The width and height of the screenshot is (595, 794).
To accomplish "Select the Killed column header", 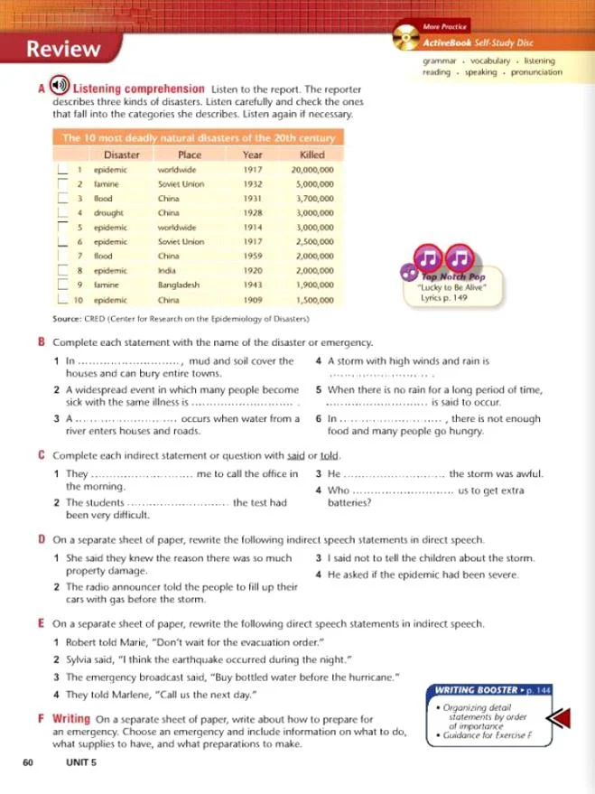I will pos(312,154).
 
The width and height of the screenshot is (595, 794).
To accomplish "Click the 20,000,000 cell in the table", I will pos(313,169).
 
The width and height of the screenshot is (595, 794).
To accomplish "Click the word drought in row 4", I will pos(113,213).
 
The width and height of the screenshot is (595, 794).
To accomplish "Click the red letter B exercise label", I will pos(42,343).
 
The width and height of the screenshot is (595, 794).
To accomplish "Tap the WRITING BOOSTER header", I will pos(478,690).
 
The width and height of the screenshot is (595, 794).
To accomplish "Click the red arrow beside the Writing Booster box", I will pos(563,719).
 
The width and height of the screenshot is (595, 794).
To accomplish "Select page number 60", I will pos(29,763).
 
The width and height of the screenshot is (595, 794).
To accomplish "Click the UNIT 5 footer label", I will pos(85,763).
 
